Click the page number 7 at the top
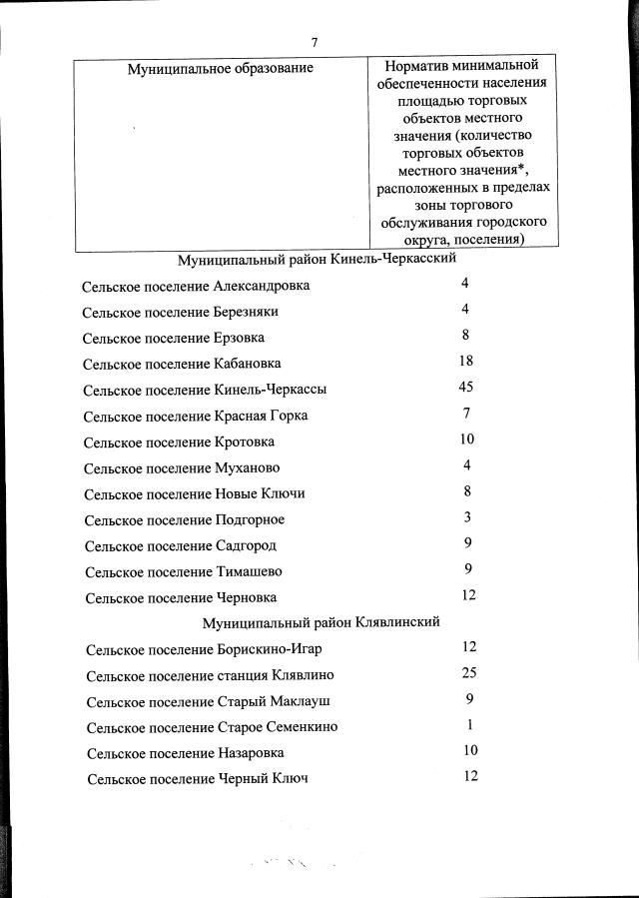tap(315, 43)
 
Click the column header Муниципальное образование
tap(221, 68)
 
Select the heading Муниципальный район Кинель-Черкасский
tap(317, 259)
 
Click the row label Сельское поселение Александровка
tap(197, 286)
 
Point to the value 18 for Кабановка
tap(465, 361)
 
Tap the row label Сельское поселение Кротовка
tap(180, 442)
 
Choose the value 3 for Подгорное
tap(466, 517)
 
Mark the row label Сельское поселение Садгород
tap(181, 546)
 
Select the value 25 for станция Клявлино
tap(470, 672)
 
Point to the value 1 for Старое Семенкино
tap(469, 725)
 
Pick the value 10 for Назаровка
tap(470, 750)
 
